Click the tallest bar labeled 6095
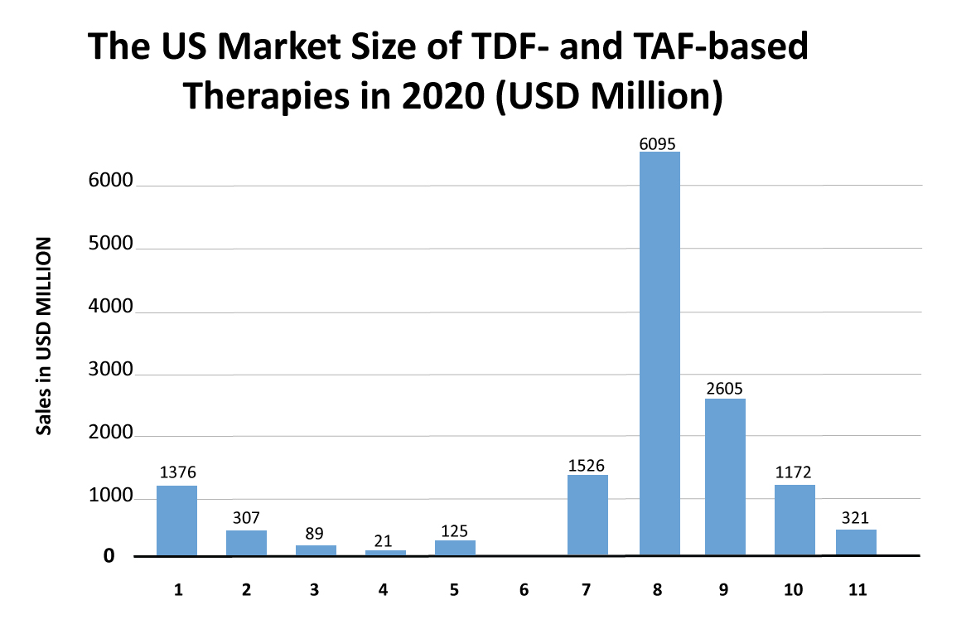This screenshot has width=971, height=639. [x=659, y=353]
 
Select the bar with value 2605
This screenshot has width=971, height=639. [x=725, y=477]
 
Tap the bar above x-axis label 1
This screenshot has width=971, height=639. [x=177, y=520]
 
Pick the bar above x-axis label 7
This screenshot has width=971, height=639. [x=588, y=515]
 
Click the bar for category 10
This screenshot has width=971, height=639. [x=795, y=520]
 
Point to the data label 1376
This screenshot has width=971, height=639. [x=177, y=473]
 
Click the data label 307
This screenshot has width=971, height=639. [x=246, y=518]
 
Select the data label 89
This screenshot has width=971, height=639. [x=316, y=533]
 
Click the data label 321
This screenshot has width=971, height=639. [x=856, y=518]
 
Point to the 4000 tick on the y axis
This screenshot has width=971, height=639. [x=110, y=307]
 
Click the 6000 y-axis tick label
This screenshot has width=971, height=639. [x=110, y=182]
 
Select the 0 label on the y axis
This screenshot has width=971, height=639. [x=109, y=556]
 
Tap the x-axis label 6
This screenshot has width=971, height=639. [x=523, y=590]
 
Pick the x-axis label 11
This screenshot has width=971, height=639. [x=857, y=590]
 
